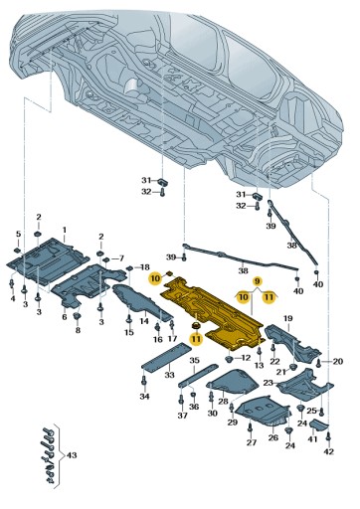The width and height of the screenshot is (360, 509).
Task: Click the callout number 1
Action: click(64, 229)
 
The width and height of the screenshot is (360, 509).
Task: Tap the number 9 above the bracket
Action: click(256, 282)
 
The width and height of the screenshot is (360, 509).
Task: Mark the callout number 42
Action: click(329, 451)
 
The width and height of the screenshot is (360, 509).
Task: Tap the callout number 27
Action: click(252, 442)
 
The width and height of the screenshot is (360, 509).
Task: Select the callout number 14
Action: click(143, 321)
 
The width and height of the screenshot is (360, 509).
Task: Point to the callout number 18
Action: click(143, 268)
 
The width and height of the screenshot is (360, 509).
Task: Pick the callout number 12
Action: click(246, 357)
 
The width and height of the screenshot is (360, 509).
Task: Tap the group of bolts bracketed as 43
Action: click(45, 452)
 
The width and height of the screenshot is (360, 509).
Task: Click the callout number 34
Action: click(144, 397)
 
